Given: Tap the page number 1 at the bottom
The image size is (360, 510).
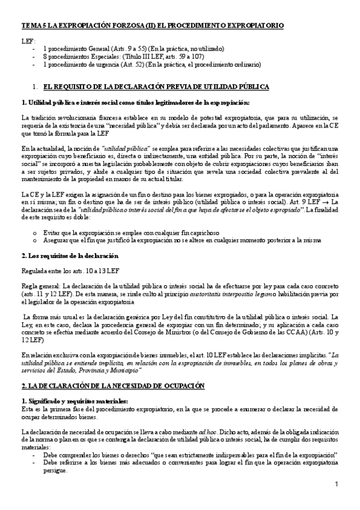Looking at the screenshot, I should click(x=337, y=485).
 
